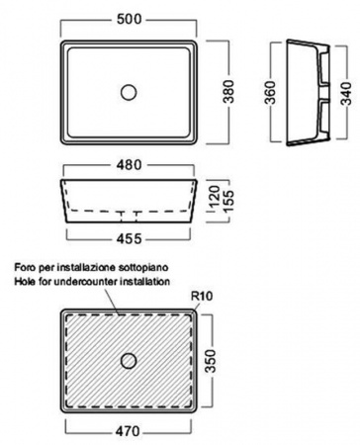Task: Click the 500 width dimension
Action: tap(129, 19)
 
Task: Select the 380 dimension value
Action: tap(228, 92)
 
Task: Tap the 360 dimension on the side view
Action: tap(270, 92)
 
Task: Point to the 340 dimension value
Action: tap(346, 94)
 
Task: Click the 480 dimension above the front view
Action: tap(129, 165)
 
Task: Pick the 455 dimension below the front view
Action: tap(129, 238)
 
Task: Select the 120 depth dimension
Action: tap(215, 197)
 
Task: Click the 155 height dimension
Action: tap(228, 201)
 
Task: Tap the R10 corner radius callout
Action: tap(202, 296)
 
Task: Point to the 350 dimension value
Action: tap(211, 361)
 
